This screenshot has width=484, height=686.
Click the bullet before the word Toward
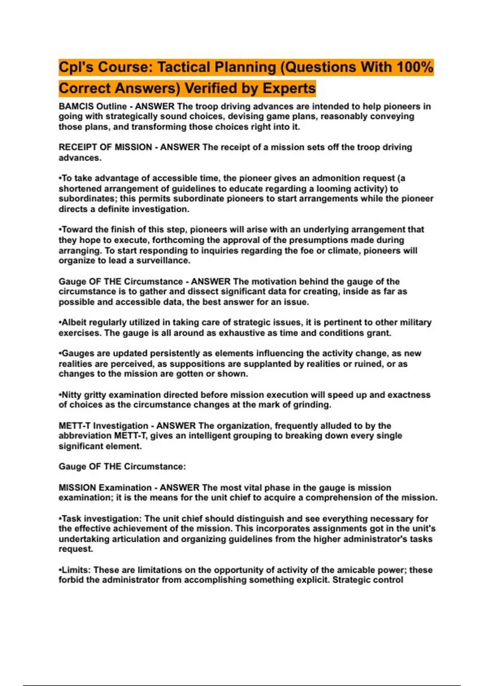(60, 230)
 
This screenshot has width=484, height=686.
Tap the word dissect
(214, 292)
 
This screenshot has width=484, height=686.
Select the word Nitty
(71, 395)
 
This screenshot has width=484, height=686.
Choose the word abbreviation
(85, 436)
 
